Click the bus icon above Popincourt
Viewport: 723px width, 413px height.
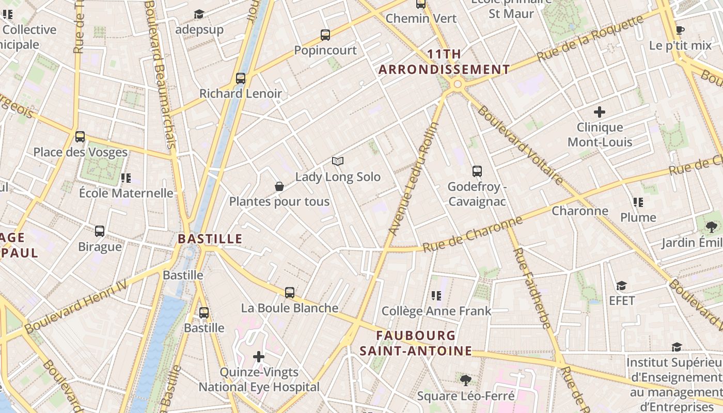(325, 35)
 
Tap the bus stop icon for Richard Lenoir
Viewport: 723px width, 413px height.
(241, 78)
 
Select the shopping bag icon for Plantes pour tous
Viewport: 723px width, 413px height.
(279, 186)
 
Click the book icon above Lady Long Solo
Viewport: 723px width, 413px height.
(338, 162)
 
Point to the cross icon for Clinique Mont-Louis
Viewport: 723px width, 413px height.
(600, 112)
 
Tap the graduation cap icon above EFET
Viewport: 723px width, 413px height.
(621, 285)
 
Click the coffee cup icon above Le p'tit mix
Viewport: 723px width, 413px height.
(680, 30)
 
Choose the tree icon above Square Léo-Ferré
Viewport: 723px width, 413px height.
(466, 381)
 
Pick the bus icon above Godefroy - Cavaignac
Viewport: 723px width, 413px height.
(477, 171)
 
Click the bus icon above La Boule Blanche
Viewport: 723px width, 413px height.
(290, 293)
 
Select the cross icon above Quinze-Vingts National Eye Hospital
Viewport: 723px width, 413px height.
(259, 357)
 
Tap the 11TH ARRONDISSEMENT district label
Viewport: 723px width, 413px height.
(444, 62)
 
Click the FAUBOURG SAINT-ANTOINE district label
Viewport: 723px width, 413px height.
(416, 343)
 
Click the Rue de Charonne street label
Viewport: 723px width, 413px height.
(473, 234)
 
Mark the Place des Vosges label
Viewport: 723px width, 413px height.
(80, 152)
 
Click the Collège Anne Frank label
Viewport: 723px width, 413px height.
(436, 311)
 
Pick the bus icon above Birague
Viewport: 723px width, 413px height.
(100, 231)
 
